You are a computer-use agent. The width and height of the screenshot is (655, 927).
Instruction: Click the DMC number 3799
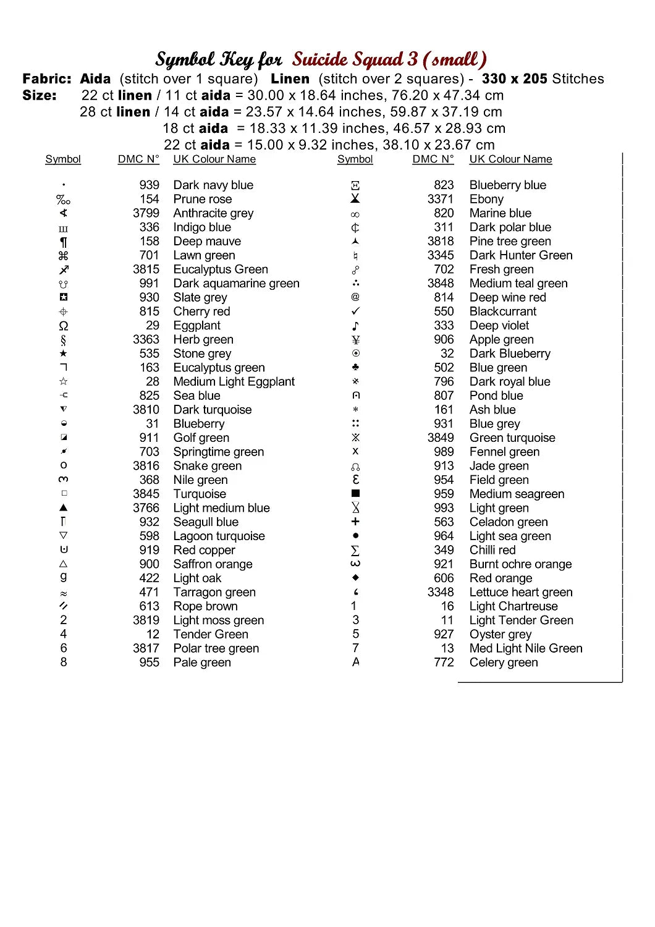pyautogui.click(x=146, y=213)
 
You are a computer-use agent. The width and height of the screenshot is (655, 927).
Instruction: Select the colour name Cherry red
pyautogui.click(x=201, y=311)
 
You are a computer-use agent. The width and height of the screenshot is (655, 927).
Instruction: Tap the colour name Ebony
pyautogui.click(x=486, y=199)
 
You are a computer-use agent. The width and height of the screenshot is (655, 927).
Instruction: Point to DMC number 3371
pyautogui.click(x=440, y=199)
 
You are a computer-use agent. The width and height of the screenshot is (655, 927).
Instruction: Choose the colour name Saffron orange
pyautogui.click(x=213, y=564)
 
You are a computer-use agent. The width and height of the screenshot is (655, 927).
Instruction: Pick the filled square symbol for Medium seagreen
pyautogui.click(x=355, y=494)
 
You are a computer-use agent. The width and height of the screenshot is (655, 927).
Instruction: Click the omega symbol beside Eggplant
pyautogui.click(x=63, y=326)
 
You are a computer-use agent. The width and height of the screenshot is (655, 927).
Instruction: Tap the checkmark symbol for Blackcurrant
pyautogui.click(x=355, y=311)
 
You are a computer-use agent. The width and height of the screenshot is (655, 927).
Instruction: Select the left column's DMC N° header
pyautogui.click(x=138, y=159)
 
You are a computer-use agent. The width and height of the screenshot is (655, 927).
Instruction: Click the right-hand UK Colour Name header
pyautogui.click(x=510, y=159)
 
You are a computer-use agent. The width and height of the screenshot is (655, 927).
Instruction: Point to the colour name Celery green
pyautogui.click(x=504, y=662)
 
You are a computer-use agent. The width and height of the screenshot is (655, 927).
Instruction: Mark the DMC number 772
pyautogui.click(x=444, y=662)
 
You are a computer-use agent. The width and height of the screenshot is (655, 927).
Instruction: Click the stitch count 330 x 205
pyautogui.click(x=515, y=79)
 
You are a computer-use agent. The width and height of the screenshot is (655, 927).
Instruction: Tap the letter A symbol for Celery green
pyautogui.click(x=355, y=662)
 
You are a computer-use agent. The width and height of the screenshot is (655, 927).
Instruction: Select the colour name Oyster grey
pyautogui.click(x=501, y=634)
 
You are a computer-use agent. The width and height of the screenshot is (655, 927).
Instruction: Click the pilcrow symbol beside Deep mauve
pyautogui.click(x=63, y=242)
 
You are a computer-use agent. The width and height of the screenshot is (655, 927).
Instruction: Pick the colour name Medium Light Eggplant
pyautogui.click(x=234, y=382)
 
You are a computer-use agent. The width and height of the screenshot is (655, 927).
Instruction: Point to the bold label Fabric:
pyautogui.click(x=47, y=79)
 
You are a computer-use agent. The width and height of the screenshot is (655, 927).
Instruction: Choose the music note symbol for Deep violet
pyautogui.click(x=355, y=326)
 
